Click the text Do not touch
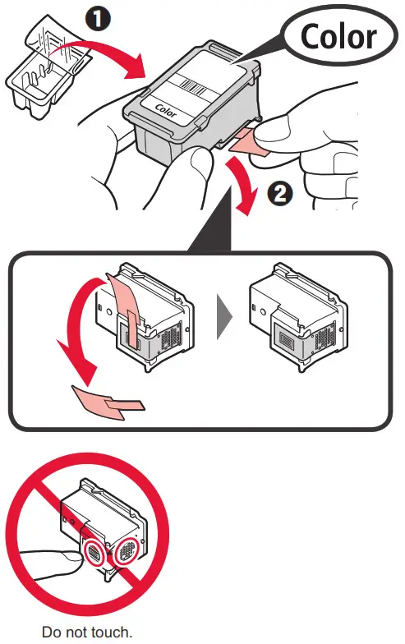pos(86,632)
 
